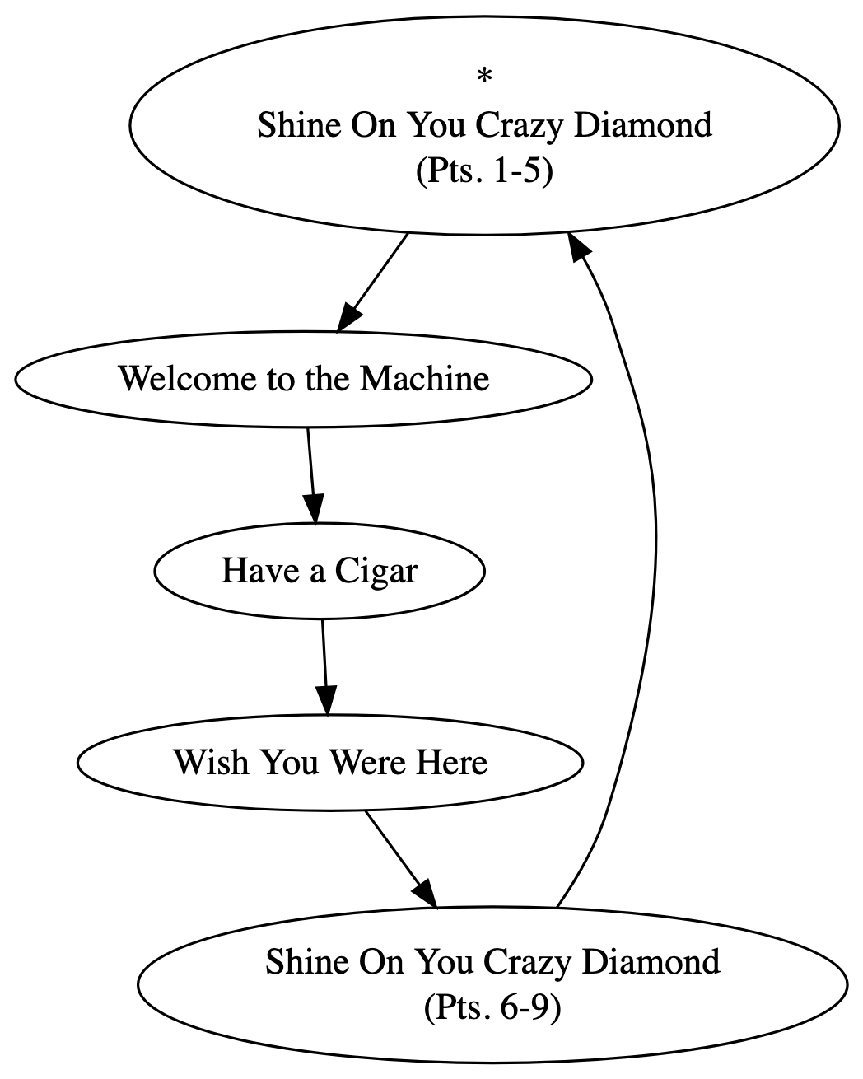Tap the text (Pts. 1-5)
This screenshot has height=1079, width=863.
(x=484, y=172)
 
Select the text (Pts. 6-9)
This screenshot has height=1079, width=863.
(x=492, y=1007)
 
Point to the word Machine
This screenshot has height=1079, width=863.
(x=425, y=379)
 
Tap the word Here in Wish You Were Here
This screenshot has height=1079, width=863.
(x=451, y=762)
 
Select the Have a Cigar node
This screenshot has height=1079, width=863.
(x=320, y=571)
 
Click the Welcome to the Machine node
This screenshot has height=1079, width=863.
(x=304, y=379)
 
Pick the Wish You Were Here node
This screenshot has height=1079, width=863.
(x=330, y=762)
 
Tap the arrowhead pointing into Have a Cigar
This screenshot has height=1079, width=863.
(x=314, y=509)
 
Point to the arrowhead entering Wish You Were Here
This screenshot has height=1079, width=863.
(x=326, y=701)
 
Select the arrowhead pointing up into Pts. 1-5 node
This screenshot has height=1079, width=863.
(x=577, y=245)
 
